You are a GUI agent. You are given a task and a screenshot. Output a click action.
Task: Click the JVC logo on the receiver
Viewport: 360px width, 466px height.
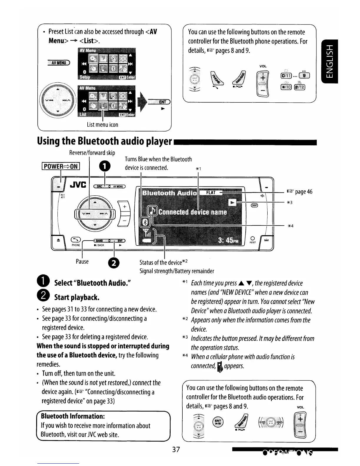pos(78,185)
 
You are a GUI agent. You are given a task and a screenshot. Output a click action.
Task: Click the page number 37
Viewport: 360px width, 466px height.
pos(176,449)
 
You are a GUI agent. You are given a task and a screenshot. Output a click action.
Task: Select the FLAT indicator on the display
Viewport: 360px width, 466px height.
pos(211,193)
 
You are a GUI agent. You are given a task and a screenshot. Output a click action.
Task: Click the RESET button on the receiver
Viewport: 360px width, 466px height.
pos(252,239)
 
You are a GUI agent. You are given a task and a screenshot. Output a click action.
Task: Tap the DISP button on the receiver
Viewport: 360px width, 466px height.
pos(254,205)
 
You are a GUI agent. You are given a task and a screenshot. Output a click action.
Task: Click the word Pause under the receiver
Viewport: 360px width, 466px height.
pos(82,261)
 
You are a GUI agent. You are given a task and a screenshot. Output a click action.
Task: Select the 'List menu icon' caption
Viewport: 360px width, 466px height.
pos(102,124)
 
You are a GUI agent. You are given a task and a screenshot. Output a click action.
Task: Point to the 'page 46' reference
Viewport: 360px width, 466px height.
pos(300,192)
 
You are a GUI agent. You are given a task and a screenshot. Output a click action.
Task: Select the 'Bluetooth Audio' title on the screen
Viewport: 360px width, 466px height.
pos(169,193)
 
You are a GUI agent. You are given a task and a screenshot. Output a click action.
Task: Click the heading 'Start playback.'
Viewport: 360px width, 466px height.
pos(77,297)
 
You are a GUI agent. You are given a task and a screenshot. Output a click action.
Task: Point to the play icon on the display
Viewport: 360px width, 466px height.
pos(233,203)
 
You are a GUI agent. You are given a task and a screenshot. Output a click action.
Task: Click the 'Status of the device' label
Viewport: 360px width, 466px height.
pos(164,262)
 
